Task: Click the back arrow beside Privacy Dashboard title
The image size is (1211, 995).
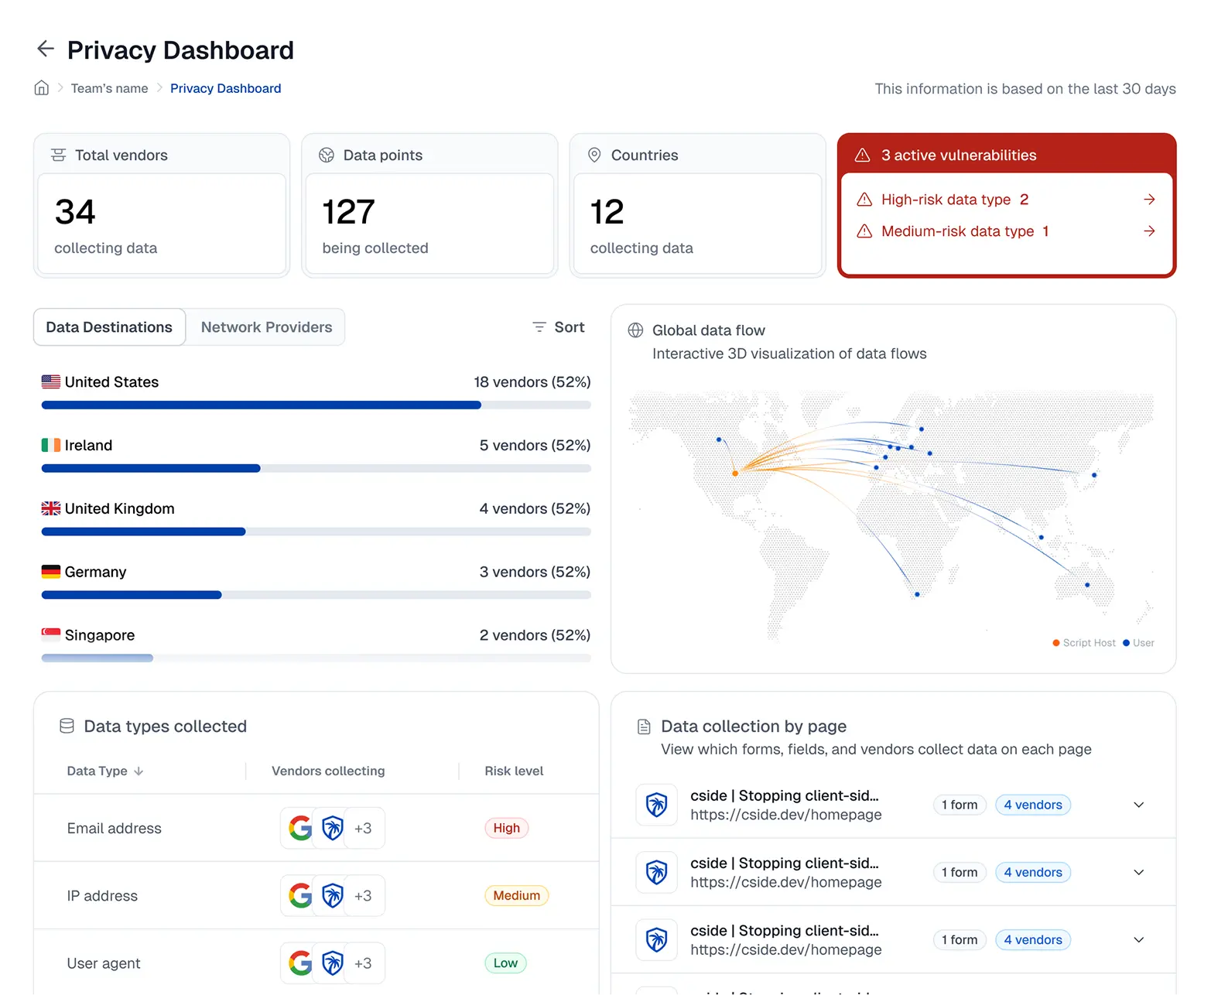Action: coord(46,49)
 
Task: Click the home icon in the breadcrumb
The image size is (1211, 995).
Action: coord(42,88)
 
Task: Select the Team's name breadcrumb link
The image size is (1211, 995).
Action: coord(109,88)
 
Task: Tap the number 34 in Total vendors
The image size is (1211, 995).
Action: coord(75,212)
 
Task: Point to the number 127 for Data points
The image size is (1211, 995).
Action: coord(348,212)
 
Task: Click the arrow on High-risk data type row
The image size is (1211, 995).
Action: coord(1149,200)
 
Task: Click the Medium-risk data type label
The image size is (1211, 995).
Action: coord(957,231)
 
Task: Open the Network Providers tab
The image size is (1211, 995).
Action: coord(266,327)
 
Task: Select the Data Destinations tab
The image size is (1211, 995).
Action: coord(109,327)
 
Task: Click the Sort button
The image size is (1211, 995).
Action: coord(559,327)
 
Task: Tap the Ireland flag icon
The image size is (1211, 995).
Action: coord(51,445)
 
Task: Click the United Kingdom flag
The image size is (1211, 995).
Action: coord(51,508)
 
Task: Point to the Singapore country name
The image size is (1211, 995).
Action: coord(100,635)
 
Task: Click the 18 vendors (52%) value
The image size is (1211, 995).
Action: coord(532,382)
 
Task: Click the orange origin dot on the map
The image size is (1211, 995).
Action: coord(735,473)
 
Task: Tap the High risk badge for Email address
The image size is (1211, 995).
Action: coord(506,828)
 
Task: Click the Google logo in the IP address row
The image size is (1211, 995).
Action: coord(300,895)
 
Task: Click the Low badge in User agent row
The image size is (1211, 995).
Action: coord(505,963)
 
